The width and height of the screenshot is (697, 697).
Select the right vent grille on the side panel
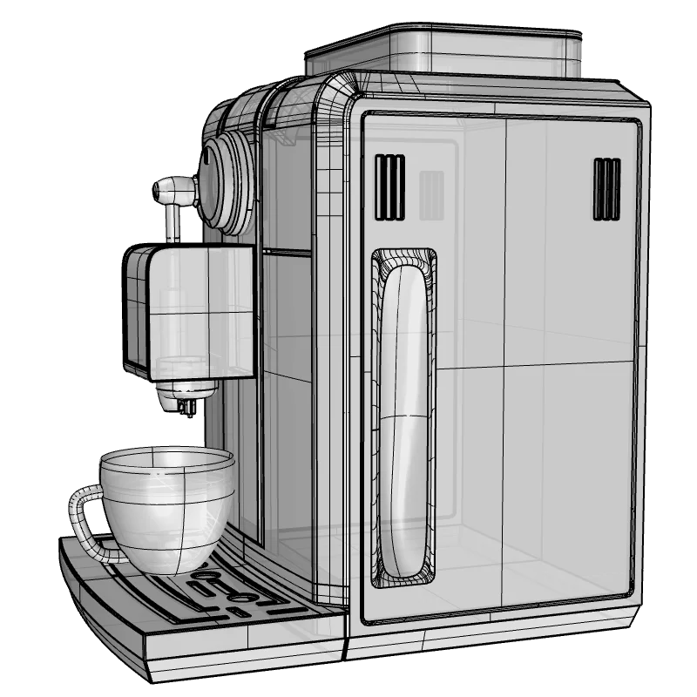[606, 188]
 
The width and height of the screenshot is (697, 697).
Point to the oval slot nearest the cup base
[207, 576]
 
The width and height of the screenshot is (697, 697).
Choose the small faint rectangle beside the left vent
[431, 193]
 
